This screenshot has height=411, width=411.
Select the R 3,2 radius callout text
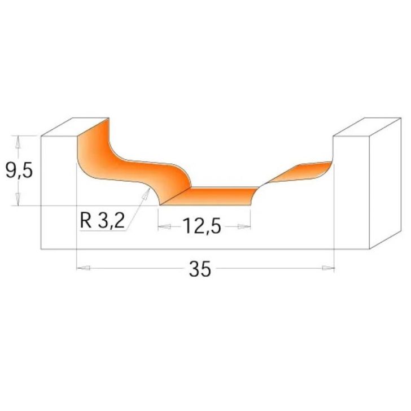tap(102, 220)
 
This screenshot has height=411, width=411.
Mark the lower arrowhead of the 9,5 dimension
tap(18, 200)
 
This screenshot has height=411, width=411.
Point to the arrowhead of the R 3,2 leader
tap(148, 194)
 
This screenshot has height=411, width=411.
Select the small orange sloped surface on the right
tap(299, 172)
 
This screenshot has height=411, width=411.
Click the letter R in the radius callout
tap(85, 220)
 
